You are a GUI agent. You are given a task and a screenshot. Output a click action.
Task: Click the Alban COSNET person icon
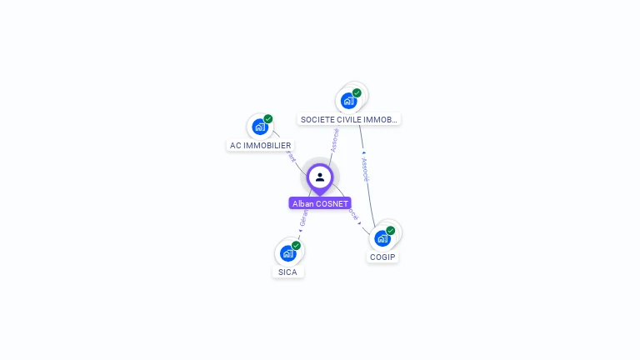click(x=320, y=177)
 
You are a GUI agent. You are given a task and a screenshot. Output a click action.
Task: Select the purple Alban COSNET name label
click(x=320, y=203)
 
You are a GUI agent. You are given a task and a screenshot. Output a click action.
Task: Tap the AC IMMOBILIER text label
click(x=260, y=145)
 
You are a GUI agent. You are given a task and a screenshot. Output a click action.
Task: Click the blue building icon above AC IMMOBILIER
click(x=260, y=127)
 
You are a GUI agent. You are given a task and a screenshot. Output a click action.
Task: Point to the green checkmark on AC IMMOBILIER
click(x=268, y=119)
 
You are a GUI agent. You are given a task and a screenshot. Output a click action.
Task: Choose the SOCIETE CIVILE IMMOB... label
click(x=349, y=119)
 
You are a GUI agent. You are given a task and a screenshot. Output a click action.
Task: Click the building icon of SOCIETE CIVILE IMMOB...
click(x=348, y=101)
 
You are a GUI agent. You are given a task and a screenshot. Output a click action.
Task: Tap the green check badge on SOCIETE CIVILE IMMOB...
click(x=357, y=92)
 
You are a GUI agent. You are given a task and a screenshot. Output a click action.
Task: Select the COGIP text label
click(x=382, y=257)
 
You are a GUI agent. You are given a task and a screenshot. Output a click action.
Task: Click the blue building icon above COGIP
click(x=382, y=238)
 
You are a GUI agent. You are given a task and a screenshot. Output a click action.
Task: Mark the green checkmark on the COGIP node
click(x=390, y=230)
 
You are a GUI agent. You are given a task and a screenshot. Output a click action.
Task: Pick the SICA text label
click(x=287, y=272)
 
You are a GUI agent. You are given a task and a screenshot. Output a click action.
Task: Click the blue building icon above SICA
click(x=287, y=253)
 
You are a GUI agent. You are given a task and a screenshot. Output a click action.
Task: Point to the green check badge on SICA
click(x=296, y=245)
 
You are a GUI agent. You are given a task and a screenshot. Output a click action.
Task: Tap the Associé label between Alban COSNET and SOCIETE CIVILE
click(x=334, y=139)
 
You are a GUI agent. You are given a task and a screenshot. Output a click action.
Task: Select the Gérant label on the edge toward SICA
click(x=303, y=218)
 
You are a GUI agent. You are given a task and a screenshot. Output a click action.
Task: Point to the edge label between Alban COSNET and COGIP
click(x=354, y=214)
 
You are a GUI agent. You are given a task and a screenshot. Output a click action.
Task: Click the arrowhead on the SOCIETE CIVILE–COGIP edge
click(x=363, y=152)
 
